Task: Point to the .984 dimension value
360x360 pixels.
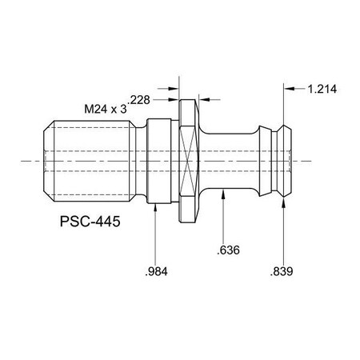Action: (x=156, y=270)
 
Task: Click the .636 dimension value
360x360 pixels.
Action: (x=226, y=251)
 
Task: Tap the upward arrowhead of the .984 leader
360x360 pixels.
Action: (x=156, y=204)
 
